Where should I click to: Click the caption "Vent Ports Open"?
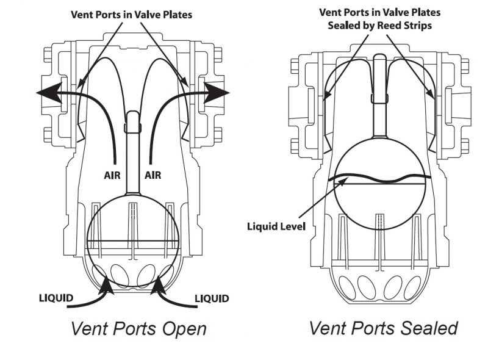138,329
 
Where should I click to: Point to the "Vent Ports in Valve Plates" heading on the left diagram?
131,13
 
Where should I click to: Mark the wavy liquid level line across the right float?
379,179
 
